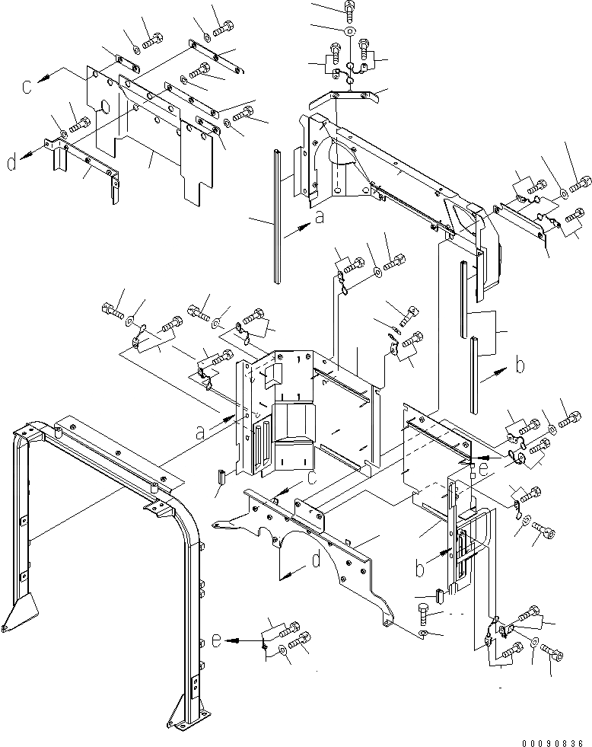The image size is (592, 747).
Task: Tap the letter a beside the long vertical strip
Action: tap(319, 217)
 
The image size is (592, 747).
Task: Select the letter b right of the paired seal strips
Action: tap(519, 366)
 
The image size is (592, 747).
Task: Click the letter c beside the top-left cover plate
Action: tap(27, 86)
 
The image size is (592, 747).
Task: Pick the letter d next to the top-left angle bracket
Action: tap(11, 162)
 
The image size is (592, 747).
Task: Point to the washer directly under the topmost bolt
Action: tap(348, 31)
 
